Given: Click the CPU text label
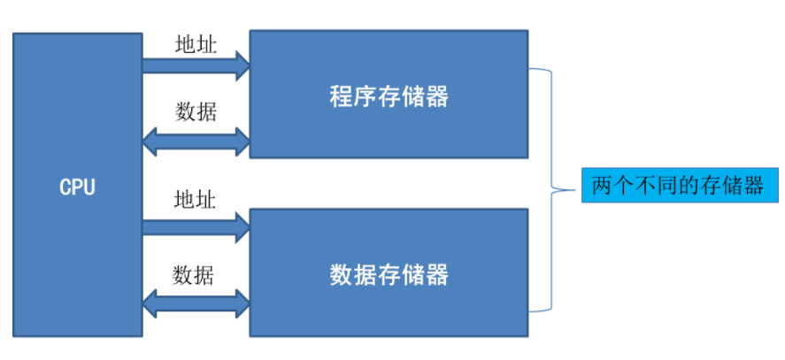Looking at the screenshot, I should (x=77, y=188).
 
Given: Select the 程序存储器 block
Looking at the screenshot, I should (x=389, y=95).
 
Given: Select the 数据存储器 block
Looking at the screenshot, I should (x=389, y=273).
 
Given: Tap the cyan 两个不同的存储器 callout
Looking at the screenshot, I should (x=679, y=187).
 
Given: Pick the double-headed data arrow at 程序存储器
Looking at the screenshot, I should (x=196, y=139).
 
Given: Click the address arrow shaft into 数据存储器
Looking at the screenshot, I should (x=186, y=226).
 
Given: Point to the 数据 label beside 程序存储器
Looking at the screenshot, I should (x=195, y=111).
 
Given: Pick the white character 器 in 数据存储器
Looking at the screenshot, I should (x=436, y=274).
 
